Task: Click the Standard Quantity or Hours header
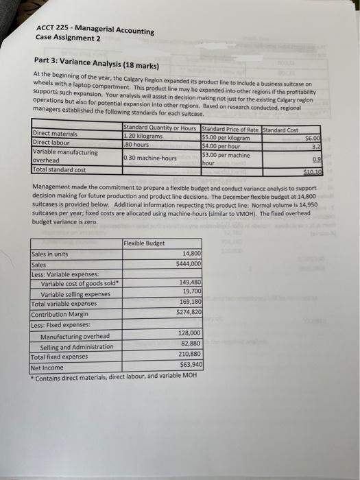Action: (x=160, y=128)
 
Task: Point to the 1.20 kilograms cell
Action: (x=143, y=136)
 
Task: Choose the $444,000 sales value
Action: (x=188, y=263)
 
